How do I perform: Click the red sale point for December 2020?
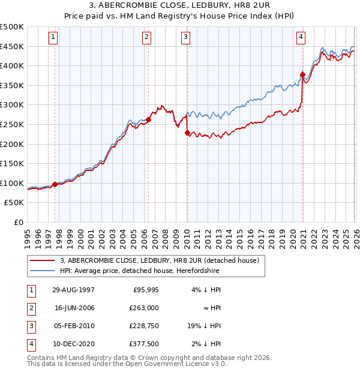pyautogui.click(x=302, y=74)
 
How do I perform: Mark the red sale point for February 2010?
pyautogui.click(x=187, y=133)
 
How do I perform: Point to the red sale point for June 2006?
pyautogui.click(x=148, y=119)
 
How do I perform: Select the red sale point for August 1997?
pyautogui.click(x=55, y=184)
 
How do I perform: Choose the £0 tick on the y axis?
pyautogui.click(x=18, y=222)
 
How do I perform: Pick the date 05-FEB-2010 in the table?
pyautogui.click(x=73, y=326)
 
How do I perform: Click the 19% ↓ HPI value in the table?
pyautogui.click(x=206, y=326)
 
